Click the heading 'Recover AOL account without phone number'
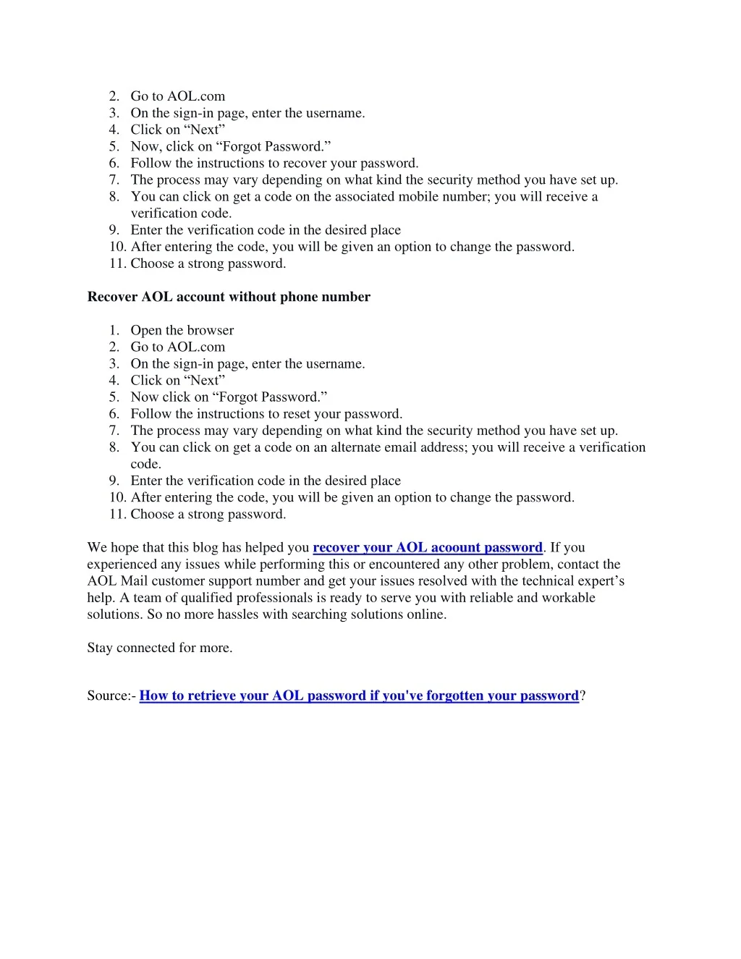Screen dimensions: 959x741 (x=229, y=297)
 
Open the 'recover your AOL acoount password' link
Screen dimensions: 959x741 (x=427, y=548)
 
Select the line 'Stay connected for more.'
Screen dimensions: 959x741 (x=160, y=648)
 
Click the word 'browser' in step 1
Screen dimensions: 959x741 (x=211, y=330)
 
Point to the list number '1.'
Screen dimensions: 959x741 (x=114, y=330)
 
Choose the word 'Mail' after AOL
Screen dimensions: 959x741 (x=134, y=581)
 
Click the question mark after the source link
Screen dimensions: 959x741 (x=583, y=696)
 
